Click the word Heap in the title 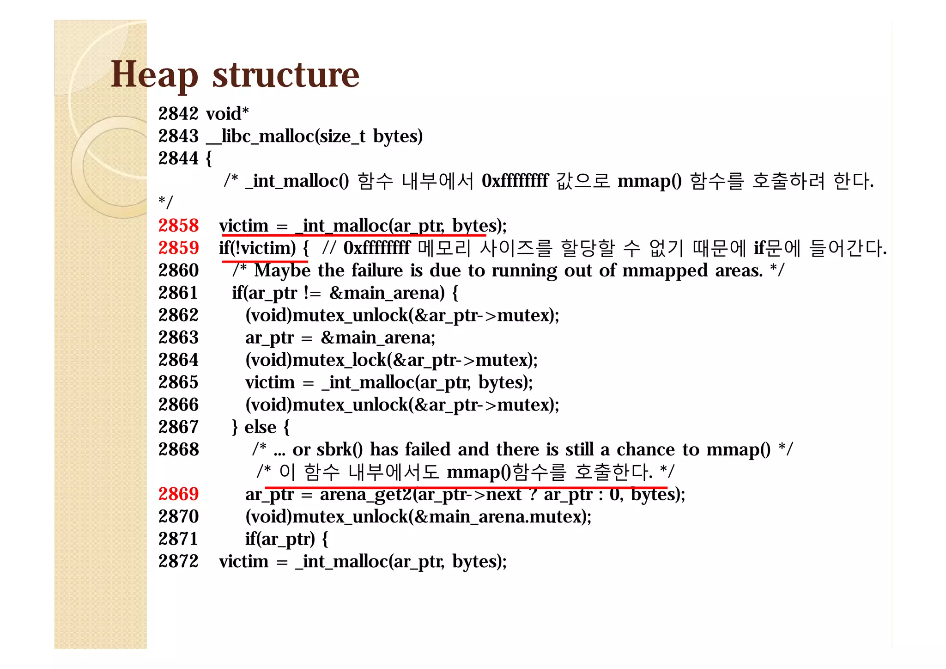(x=154, y=75)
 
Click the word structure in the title (x=285, y=75)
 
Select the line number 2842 (x=178, y=114)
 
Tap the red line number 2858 (x=178, y=226)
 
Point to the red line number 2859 (x=178, y=248)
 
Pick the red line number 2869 (x=178, y=494)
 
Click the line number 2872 (x=178, y=561)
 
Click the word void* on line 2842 (x=227, y=114)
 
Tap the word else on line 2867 (x=260, y=427)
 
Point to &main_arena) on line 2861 (x=387, y=293)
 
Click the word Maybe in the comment (x=282, y=270)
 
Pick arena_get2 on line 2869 (x=365, y=494)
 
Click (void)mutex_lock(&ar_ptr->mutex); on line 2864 (x=391, y=360)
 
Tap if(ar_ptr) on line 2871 (x=279, y=539)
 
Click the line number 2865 (x=178, y=382)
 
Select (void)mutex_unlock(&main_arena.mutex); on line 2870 (x=418, y=516)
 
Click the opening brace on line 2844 (x=209, y=159)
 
